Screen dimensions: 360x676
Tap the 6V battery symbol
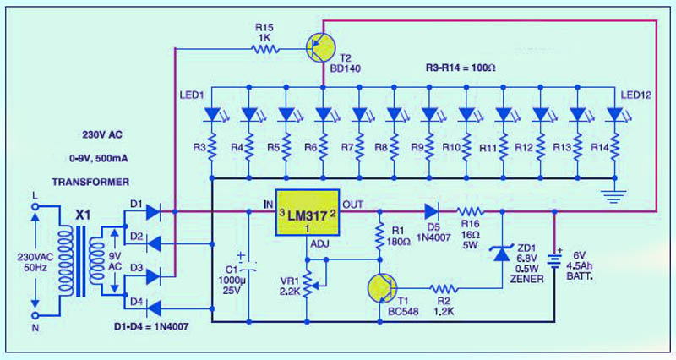(555, 254)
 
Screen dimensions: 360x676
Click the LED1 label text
(193, 93)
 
